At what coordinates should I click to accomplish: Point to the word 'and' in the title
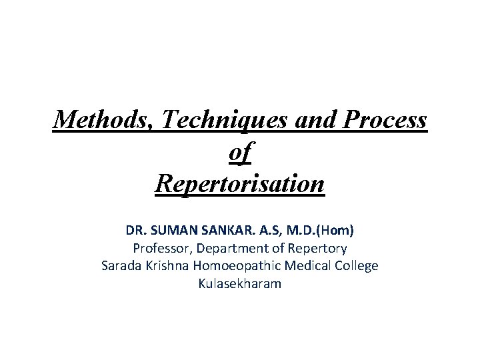pyautogui.click(x=307, y=120)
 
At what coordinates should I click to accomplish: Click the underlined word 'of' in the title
pyautogui.click(x=239, y=152)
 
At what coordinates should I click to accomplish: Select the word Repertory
pyautogui.click(x=316, y=249)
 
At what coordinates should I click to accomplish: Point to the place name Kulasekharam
pyautogui.click(x=239, y=283)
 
